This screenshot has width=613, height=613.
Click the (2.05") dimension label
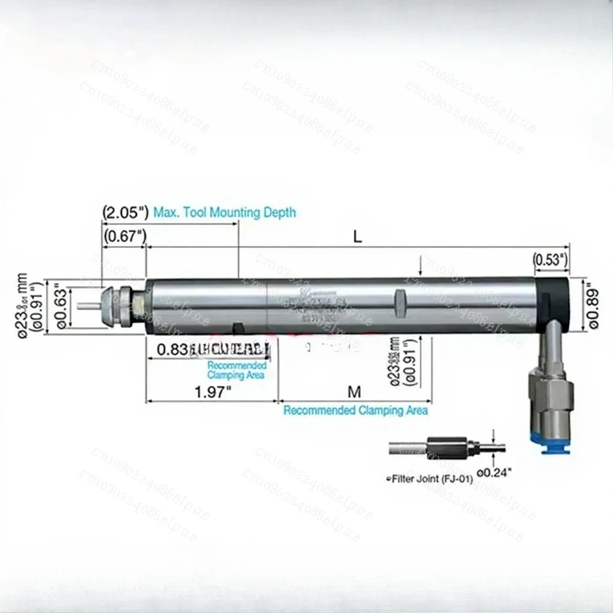tap(124, 213)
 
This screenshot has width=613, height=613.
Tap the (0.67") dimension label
tap(124, 236)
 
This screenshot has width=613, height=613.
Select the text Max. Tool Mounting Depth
tap(224, 213)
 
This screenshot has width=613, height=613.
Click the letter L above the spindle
tap(357, 236)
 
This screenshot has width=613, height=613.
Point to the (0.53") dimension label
tap(551, 260)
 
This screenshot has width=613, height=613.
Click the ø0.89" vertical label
tap(593, 305)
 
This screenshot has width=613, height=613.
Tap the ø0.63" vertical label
tap(60, 305)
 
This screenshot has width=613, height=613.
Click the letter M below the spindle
tap(355, 392)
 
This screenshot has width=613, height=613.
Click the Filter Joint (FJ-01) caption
tap(430, 479)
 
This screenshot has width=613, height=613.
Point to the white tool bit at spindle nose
tap(88, 306)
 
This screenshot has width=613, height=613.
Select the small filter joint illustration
tap(446, 448)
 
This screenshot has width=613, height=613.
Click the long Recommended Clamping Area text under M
tap(356, 411)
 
